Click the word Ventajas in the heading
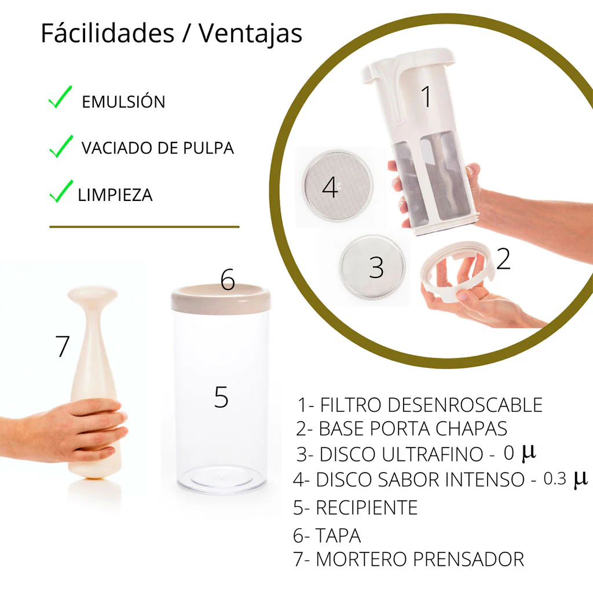pyautogui.click(x=250, y=34)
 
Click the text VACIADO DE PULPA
pyautogui.click(x=157, y=148)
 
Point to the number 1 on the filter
pyautogui.click(x=426, y=97)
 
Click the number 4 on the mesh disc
pyautogui.click(x=330, y=188)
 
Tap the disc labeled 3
pyautogui.click(x=375, y=267)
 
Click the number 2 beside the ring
pyautogui.click(x=503, y=259)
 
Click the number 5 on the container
pyautogui.click(x=221, y=397)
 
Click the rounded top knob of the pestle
pyautogui.click(x=93, y=295)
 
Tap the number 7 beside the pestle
pyautogui.click(x=63, y=346)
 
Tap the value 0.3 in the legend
pyautogui.click(x=555, y=479)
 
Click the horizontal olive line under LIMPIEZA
pyautogui.click(x=144, y=227)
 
